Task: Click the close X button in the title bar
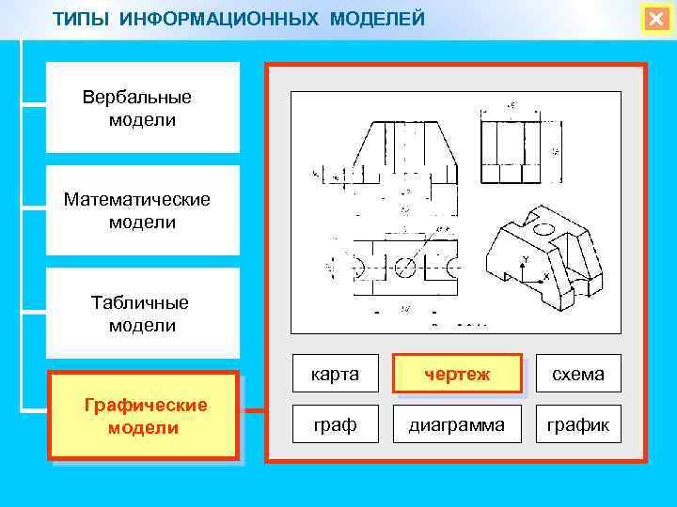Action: pyautogui.click(x=654, y=20)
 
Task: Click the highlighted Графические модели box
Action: pyautogui.click(x=144, y=416)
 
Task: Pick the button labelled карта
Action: pyautogui.click(x=336, y=374)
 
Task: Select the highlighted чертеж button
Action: pyautogui.click(x=456, y=374)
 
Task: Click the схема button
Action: pyautogui.click(x=578, y=374)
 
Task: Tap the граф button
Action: pyautogui.click(x=336, y=424)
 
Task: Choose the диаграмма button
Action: pyautogui.click(x=456, y=424)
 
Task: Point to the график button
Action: pyautogui.click(x=578, y=424)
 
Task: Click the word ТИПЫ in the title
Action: pyautogui.click(x=80, y=19)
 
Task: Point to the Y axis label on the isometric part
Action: pyautogui.click(x=526, y=258)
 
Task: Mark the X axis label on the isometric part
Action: pyautogui.click(x=547, y=277)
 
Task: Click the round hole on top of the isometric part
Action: pyautogui.click(x=543, y=229)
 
